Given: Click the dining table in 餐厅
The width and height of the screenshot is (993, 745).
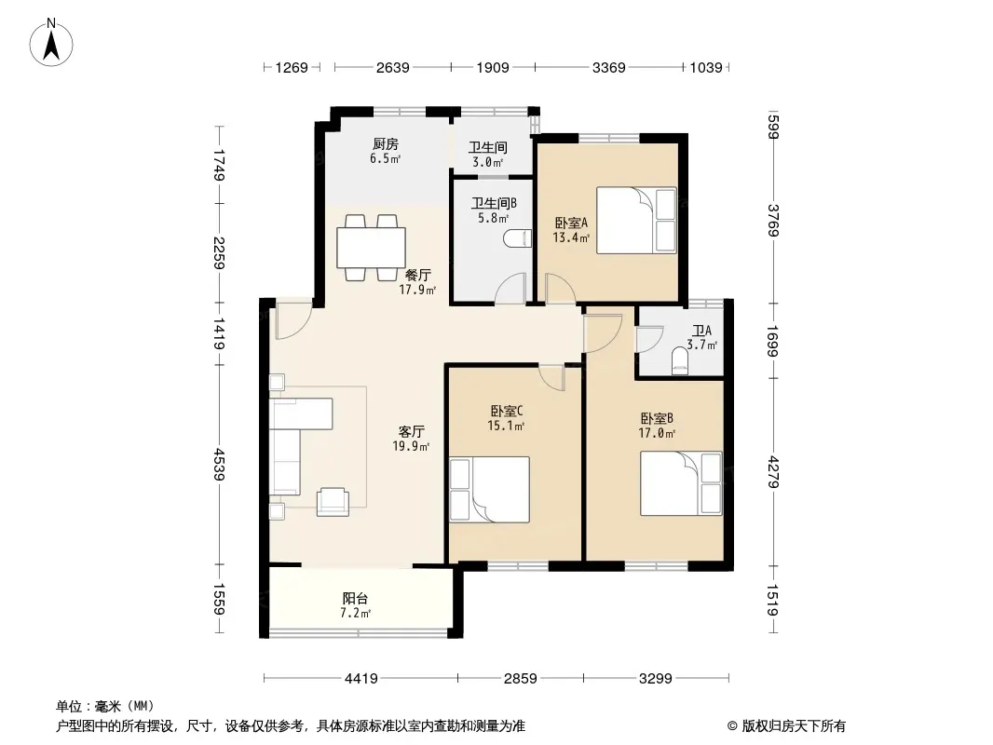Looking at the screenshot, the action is pos(371,248).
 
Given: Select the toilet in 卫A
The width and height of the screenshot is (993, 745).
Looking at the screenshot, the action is pos(679,363).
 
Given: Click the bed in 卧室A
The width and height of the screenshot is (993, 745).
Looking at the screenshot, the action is pos(636,221).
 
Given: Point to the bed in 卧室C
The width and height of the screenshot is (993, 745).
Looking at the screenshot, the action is pos(490,489).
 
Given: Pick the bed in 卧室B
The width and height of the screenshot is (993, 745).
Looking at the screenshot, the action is pos(681,483).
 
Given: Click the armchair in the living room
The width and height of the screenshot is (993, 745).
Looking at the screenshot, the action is pos(333,501).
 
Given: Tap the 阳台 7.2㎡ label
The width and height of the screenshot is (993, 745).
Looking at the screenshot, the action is pos(355,605).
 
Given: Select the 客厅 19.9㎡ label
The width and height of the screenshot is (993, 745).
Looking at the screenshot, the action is pos(411,439).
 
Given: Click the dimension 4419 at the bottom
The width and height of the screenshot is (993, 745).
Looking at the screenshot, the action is pos(361,679).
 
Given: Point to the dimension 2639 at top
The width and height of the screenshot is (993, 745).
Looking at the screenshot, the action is pos(393,67).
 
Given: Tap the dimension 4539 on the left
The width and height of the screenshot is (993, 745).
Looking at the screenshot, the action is pos(219,464).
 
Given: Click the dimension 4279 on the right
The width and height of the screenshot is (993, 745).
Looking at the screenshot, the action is pos(773,471).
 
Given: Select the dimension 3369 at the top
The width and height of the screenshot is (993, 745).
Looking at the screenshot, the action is pos(608,67).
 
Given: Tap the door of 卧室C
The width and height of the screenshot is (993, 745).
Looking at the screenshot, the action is pos(551,378).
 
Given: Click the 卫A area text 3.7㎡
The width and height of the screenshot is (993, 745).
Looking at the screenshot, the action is pos(701,345).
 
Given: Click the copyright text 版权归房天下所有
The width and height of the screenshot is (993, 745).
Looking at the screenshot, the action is pos(794,726).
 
